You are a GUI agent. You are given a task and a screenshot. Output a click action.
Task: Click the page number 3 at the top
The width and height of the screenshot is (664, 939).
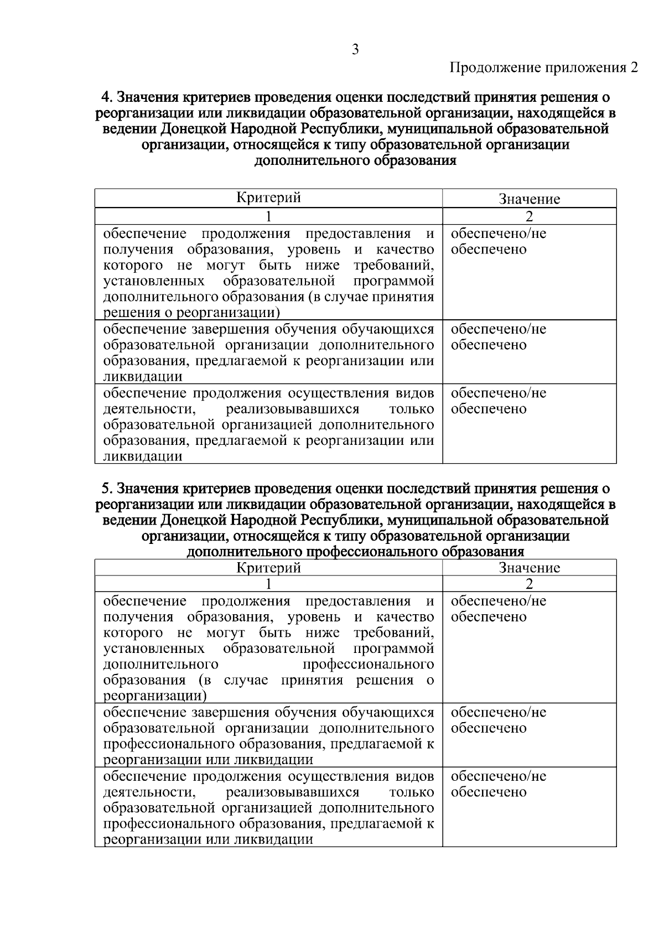355,50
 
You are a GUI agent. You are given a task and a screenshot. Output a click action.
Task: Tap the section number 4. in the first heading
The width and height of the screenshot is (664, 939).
107,97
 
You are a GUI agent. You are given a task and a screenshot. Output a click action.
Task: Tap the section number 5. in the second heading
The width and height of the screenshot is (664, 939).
107,489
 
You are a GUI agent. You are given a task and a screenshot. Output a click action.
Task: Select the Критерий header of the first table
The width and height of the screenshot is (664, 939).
268,198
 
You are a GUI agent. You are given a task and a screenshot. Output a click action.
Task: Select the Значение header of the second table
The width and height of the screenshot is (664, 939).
529,568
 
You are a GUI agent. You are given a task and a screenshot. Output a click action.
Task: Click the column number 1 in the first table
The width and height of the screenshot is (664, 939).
268,216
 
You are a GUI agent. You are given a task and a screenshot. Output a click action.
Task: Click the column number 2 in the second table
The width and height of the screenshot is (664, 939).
529,584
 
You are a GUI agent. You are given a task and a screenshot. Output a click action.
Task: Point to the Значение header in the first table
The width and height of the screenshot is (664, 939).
529,199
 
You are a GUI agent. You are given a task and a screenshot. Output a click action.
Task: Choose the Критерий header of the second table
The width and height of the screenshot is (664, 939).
268,568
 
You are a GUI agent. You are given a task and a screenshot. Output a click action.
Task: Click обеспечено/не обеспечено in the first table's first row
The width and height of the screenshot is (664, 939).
498,241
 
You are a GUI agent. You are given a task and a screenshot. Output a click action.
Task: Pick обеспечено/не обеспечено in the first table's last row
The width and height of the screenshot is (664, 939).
498,401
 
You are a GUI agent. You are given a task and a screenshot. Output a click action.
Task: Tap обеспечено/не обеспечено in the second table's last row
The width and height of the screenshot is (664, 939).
498,784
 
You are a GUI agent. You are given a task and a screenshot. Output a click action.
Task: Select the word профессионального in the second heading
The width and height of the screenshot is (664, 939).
371,552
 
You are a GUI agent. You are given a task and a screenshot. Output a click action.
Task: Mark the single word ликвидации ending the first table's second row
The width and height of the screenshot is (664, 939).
143,377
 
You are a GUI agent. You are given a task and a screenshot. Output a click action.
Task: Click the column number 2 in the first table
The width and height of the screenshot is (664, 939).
529,216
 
